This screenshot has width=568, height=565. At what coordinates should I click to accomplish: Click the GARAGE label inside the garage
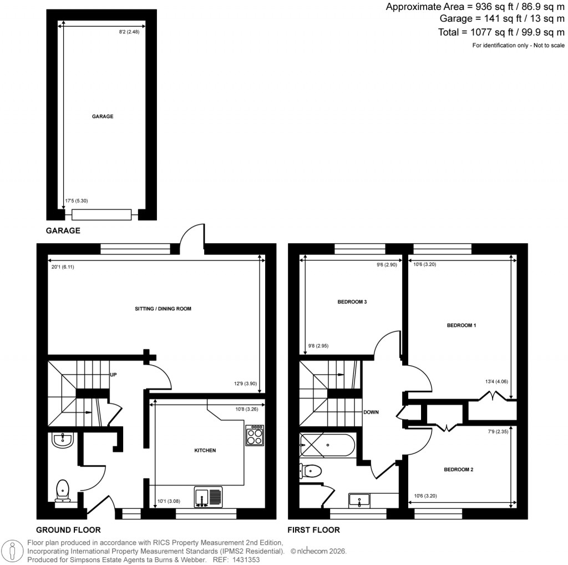point(103,117)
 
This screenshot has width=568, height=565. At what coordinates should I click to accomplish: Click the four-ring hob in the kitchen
point(255,435)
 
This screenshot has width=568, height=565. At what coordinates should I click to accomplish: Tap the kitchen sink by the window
point(208,496)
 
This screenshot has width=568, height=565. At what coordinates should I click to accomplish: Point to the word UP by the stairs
point(113,375)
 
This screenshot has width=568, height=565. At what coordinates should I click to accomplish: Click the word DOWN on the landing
point(371,412)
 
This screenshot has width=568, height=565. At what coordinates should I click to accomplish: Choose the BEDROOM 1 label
point(461,326)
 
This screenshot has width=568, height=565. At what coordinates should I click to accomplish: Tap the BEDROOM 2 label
point(458,470)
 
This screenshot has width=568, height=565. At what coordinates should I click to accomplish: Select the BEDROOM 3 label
point(352,302)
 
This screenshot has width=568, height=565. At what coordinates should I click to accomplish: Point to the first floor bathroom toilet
point(311,471)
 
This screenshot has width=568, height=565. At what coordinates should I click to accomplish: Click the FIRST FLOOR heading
point(313,530)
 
